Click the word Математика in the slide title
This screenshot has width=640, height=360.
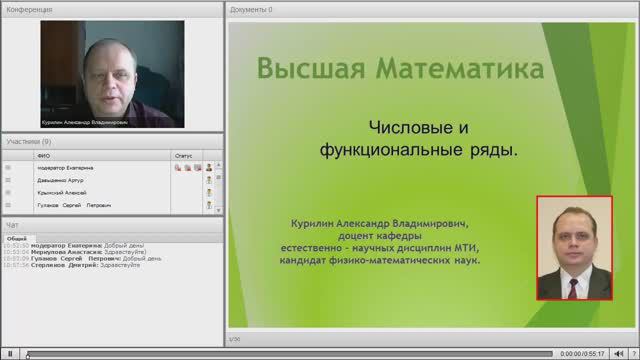coord(459,70)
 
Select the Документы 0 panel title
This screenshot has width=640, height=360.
coord(251,9)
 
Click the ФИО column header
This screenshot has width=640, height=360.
coord(42,155)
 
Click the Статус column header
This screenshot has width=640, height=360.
coord(183,155)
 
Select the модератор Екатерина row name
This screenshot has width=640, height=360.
coord(64,168)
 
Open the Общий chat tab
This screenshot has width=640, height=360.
coord(16,239)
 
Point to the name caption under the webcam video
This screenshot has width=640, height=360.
coord(85,123)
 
